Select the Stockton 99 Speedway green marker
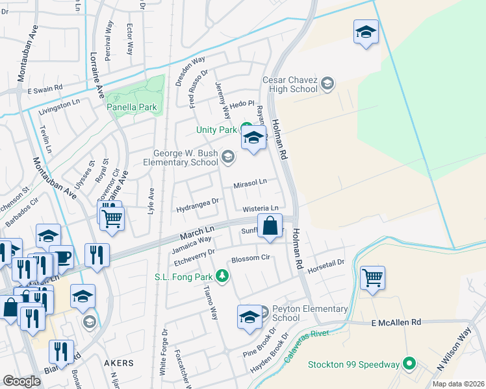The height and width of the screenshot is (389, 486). [x=409, y=364]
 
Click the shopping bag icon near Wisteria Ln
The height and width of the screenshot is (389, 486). [x=270, y=227]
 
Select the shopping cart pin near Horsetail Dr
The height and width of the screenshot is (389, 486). [x=372, y=278]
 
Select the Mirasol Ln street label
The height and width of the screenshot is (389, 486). [x=249, y=184]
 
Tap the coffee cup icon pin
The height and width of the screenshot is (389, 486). [x=61, y=257]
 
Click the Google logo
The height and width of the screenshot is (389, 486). [x=21, y=381]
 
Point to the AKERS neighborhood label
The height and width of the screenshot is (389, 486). [x=118, y=363]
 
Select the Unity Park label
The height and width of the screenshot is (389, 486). [x=217, y=130]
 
